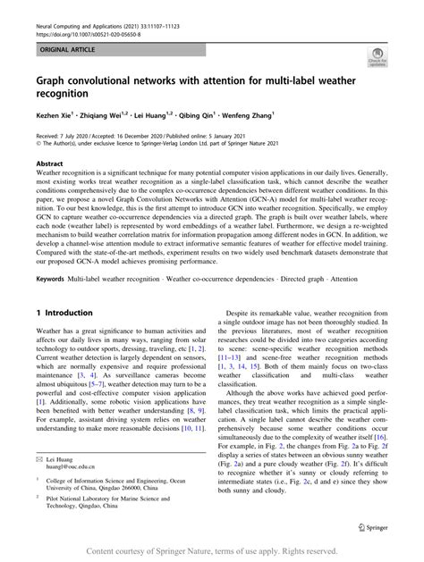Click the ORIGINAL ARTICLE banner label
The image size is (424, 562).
click(55, 41)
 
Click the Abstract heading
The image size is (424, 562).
click(48, 164)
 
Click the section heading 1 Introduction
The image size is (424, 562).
click(64, 313)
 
